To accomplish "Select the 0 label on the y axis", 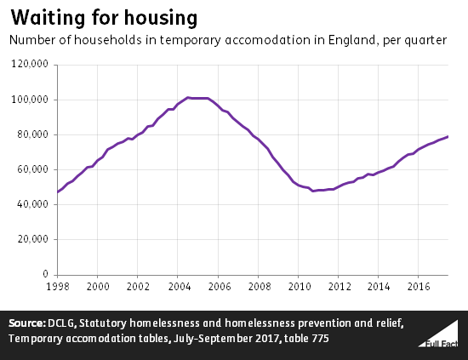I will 47,274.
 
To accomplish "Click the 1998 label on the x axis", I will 57,286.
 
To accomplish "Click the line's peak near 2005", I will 189,98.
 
